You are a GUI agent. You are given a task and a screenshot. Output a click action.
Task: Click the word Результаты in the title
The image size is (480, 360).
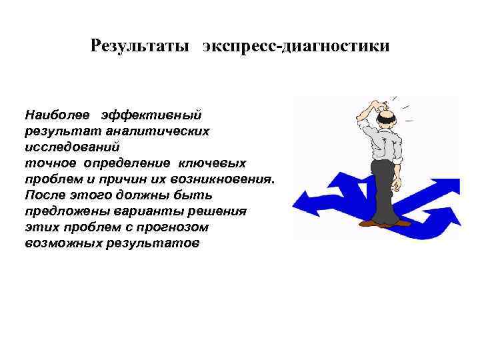(139, 47)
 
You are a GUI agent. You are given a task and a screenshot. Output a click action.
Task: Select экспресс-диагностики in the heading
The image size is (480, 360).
(296, 47)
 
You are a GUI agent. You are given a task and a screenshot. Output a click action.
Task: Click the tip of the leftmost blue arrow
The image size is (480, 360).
(297, 199)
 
